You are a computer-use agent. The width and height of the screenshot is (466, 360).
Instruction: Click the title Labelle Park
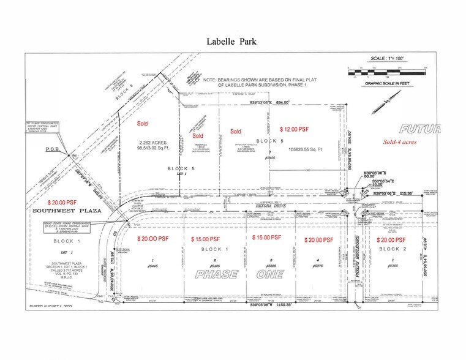[233, 42]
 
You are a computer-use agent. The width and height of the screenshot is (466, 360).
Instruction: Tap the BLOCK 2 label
[392, 250]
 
